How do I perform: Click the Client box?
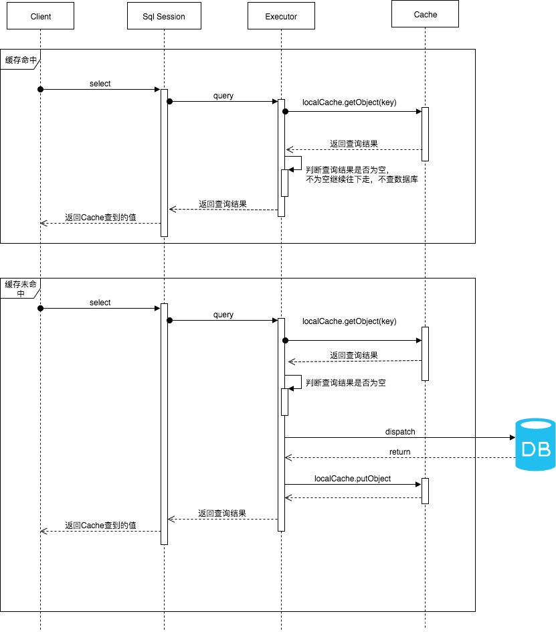coord(40,16)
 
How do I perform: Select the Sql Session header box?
coord(164,16)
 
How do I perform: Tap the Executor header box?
coord(281,16)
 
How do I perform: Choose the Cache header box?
coord(425,14)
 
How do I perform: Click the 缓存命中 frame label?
coord(21,60)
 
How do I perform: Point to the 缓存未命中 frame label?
coord(21,289)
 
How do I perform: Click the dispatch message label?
coord(400,432)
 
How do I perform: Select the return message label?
coord(399,452)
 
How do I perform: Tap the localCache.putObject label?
coord(353,479)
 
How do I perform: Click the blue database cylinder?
coord(535,444)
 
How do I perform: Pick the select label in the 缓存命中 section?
coord(100,84)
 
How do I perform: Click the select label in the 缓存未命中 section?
coord(100,303)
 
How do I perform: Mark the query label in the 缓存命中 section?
coord(223,96)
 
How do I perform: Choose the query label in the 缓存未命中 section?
coord(223,315)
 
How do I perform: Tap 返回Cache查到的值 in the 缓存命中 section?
coord(100,218)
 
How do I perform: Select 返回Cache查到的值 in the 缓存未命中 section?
coord(100,526)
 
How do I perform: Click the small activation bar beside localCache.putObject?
coord(425,491)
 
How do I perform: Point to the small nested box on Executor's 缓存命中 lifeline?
coord(284,183)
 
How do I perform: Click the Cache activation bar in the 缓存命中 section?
coord(425,134)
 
